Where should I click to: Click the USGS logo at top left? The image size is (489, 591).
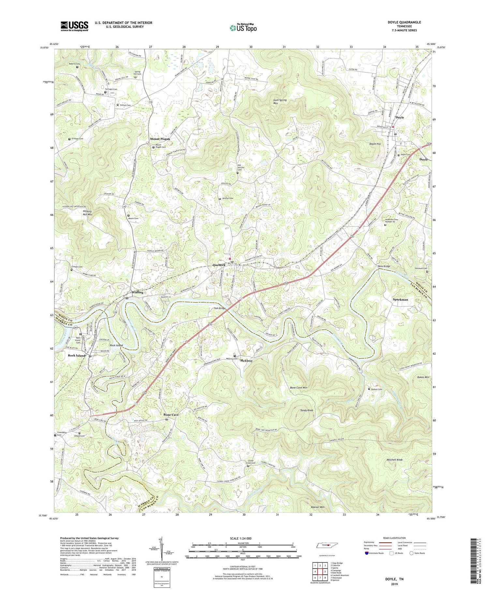point(74,26)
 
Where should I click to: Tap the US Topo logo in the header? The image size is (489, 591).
point(243,28)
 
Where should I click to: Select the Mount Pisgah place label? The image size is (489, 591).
point(160,139)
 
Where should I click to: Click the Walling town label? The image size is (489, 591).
point(137,292)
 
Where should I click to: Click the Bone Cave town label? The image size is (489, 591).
point(171,415)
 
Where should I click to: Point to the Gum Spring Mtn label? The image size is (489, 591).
point(280,101)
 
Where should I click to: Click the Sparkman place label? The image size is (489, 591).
point(400,299)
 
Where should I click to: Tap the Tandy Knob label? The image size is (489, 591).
point(307,410)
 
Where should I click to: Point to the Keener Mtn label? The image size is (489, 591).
point(318,507)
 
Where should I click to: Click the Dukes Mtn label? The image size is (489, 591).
point(423,377)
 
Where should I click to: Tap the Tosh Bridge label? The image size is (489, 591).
point(219,308)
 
